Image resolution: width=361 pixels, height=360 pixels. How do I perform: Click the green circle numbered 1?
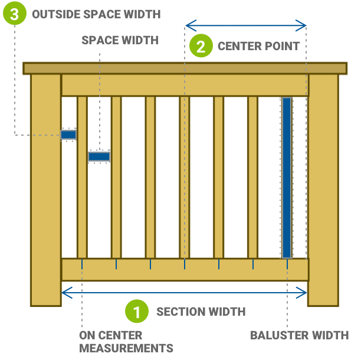click(x=137, y=312)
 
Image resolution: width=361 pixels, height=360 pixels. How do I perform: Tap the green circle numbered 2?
click(x=201, y=46)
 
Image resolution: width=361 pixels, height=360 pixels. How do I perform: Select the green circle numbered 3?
click(x=14, y=14)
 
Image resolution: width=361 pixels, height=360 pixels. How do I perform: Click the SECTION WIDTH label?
click(x=201, y=312)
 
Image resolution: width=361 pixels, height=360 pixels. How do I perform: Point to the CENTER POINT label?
click(x=258, y=46)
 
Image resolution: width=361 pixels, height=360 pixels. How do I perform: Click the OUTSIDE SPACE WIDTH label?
click(x=96, y=14)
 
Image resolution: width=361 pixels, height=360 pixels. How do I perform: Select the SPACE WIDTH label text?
click(x=120, y=40)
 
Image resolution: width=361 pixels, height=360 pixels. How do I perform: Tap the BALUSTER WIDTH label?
click(x=299, y=335)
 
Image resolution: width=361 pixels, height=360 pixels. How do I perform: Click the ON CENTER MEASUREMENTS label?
click(x=126, y=342)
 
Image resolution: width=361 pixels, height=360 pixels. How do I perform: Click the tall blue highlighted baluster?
click(x=287, y=177)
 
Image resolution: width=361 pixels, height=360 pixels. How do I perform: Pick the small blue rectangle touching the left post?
click(x=68, y=135)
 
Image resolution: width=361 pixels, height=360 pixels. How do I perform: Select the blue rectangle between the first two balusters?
click(x=99, y=156)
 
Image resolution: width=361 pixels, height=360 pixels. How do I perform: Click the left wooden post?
click(x=45, y=189)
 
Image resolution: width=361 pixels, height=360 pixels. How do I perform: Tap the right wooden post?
click(x=323, y=189)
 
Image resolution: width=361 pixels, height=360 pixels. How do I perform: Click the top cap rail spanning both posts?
click(x=185, y=68)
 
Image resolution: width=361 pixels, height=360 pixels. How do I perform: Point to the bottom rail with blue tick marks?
click(x=185, y=270)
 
